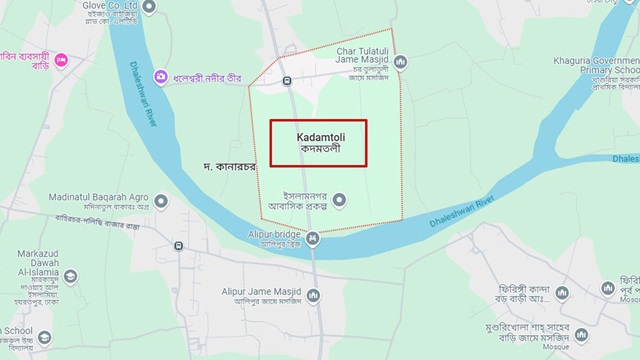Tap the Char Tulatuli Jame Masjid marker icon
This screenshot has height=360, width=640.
click(401, 62)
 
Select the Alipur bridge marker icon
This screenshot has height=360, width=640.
click(313, 238)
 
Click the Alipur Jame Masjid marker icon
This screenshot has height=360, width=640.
click(313, 295)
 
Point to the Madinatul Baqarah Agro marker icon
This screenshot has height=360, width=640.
click(161, 201)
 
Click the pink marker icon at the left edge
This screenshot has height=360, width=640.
click(61, 61)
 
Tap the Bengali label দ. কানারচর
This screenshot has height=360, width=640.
click(229, 165)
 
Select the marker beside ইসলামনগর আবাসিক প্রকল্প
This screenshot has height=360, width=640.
click(339, 200)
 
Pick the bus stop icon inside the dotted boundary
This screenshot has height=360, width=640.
click(287, 80)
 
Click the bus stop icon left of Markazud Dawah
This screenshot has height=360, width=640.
click(178, 245)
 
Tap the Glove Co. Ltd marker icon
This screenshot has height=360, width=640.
click(149, 8)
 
